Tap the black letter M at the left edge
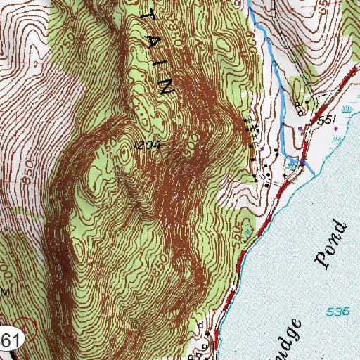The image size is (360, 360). [x=5, y=290]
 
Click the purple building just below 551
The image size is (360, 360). [x=302, y=128]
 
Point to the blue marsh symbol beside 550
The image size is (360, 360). [x=247, y=231]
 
